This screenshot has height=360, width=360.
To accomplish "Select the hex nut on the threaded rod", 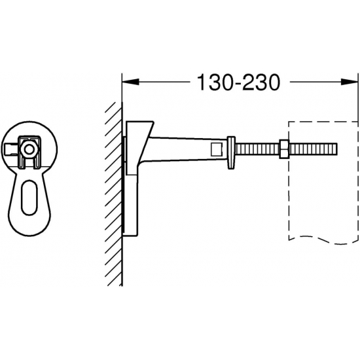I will [x=285, y=149].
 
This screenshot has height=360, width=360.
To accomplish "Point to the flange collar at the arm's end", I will [x=230, y=151].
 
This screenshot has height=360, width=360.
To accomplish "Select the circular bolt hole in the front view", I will [x=28, y=149].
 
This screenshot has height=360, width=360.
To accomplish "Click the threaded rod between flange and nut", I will [x=257, y=149].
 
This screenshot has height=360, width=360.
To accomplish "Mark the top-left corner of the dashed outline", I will [x=289, y=122].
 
